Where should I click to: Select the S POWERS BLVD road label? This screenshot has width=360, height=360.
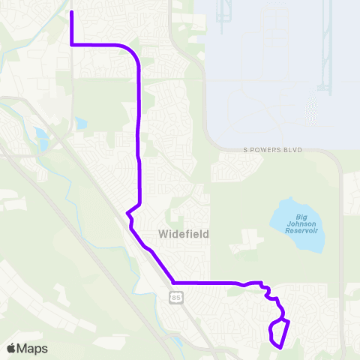(271, 150)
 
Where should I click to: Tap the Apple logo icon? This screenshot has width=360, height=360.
(10, 348)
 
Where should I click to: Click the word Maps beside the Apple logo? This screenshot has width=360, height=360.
(32, 348)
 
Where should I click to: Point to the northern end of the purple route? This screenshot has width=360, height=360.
(71, 13)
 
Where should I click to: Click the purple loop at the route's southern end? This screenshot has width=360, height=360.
(278, 333)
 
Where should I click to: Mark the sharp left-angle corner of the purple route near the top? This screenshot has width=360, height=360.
(71, 45)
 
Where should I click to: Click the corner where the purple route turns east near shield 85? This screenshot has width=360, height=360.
(174, 283)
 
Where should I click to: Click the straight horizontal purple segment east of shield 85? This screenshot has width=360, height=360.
(206, 283)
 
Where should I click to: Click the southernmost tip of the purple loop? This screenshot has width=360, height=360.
(280, 347)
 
